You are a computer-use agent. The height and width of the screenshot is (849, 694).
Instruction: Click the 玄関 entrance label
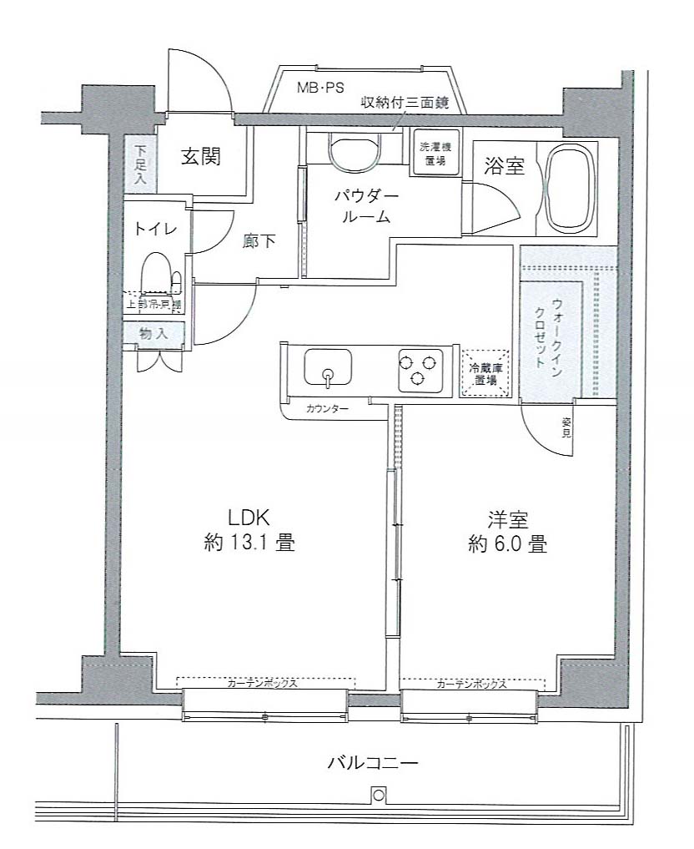[202, 156]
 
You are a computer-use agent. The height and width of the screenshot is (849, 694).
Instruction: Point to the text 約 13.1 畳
[250, 543]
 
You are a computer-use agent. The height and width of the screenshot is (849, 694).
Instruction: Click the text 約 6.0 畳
[508, 544]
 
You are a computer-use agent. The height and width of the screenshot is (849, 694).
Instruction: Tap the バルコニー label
[371, 761]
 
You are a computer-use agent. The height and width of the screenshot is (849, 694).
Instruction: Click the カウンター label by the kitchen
[327, 408]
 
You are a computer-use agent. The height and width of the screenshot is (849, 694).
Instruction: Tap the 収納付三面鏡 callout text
[405, 104]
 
